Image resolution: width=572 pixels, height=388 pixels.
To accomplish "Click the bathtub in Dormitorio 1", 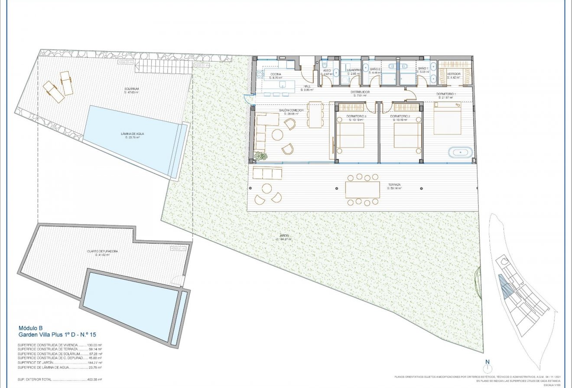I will (x=460, y=152).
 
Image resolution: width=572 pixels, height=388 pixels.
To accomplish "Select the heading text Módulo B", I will (x=31, y=328).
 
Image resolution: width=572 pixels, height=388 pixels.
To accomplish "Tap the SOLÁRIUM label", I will (x=131, y=90).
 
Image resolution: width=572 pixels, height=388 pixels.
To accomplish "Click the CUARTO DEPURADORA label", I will (x=103, y=252).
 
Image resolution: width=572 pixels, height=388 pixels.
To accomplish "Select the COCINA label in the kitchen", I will (x=276, y=75).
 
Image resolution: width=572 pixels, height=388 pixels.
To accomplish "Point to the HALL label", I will (x=307, y=87).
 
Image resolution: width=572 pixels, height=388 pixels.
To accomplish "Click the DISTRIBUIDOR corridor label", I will (x=360, y=92).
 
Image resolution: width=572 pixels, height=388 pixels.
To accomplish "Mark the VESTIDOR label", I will (x=453, y=74).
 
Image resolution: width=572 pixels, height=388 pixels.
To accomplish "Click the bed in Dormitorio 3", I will (x=350, y=135).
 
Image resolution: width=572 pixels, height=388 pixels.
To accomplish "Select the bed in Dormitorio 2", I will (x=407, y=135).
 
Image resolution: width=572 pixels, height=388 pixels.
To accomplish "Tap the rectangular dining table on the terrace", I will (x=362, y=189).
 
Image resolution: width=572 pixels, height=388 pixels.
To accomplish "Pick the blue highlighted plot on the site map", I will (x=504, y=287).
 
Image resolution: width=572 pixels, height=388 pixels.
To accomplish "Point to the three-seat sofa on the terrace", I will (x=267, y=173).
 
